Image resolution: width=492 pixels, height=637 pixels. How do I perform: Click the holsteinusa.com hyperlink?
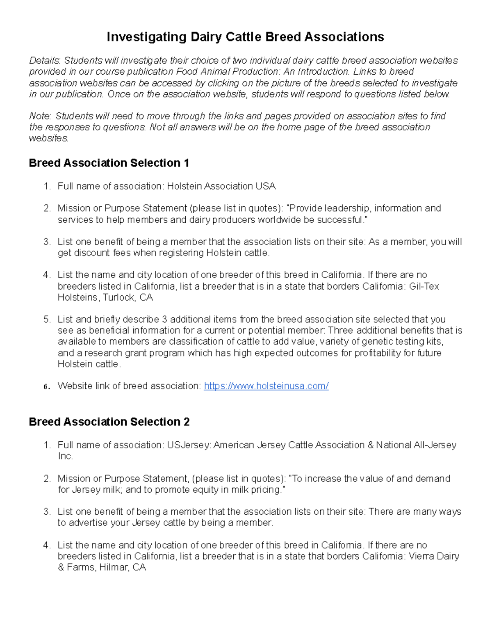click(266, 386)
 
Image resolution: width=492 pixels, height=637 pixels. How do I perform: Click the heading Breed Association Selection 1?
click(109, 163)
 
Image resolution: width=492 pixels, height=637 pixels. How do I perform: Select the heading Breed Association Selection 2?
click(109, 422)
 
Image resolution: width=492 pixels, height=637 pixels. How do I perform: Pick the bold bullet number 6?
click(47, 386)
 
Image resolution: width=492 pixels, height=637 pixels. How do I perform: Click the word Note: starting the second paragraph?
click(40, 116)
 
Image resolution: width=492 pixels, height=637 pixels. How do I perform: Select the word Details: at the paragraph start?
click(45, 61)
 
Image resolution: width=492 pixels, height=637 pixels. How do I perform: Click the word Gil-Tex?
click(424, 286)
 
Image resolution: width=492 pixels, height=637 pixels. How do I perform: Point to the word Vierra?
click(422, 557)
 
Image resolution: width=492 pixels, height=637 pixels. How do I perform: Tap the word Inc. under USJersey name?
click(65, 456)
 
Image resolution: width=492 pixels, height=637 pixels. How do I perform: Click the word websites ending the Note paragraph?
click(48, 139)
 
